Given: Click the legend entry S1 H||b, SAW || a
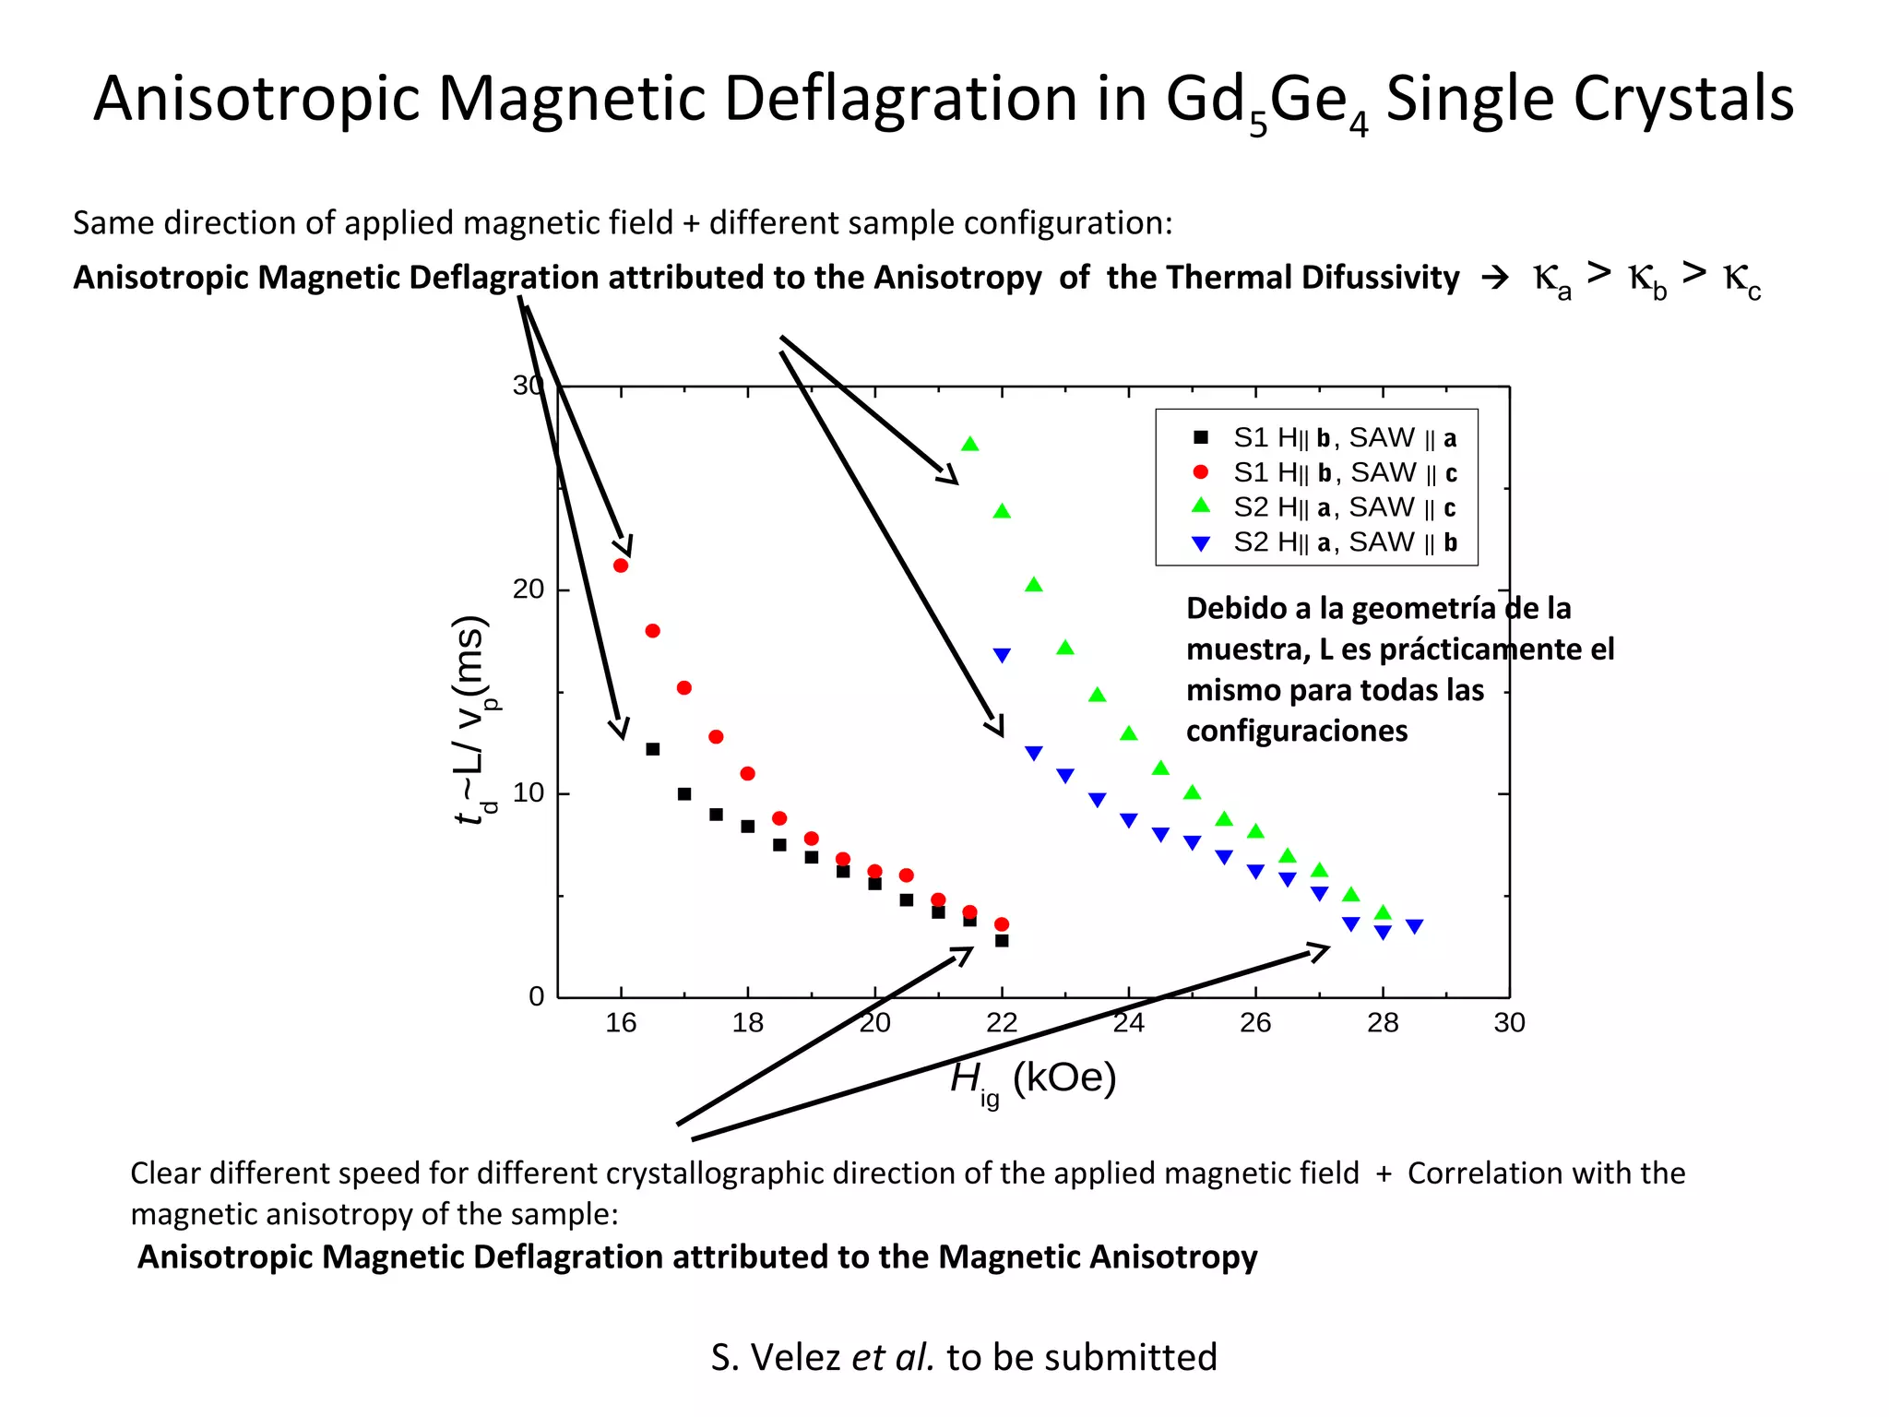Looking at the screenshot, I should (x=1344, y=437).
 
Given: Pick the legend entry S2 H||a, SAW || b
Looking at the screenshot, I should (x=1344, y=542).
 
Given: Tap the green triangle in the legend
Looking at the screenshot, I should (x=1200, y=506).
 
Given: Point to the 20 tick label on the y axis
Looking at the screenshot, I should (x=528, y=589).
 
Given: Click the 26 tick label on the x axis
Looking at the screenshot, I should (x=1254, y=1022).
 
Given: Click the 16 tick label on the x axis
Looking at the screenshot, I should (x=620, y=1022).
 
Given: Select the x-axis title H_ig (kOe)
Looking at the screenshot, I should (x=1033, y=1078).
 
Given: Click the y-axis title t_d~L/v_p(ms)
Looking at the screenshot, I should (x=470, y=720).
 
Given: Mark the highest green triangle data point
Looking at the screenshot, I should (x=969, y=445).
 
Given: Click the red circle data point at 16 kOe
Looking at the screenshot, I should (x=621, y=566).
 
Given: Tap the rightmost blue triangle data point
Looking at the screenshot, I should (x=1414, y=926).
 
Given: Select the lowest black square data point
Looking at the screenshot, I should (x=1002, y=941).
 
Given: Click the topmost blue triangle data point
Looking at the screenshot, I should (x=1002, y=655).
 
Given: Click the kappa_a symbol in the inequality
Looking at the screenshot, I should (x=1550, y=278).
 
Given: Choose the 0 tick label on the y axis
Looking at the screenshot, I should (x=536, y=996).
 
